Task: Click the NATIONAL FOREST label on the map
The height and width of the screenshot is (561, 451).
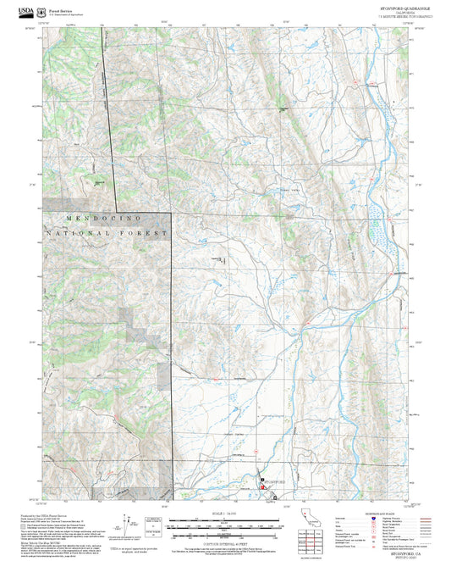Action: click(x=107, y=232)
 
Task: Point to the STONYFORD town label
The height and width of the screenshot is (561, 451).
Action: click(x=275, y=480)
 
